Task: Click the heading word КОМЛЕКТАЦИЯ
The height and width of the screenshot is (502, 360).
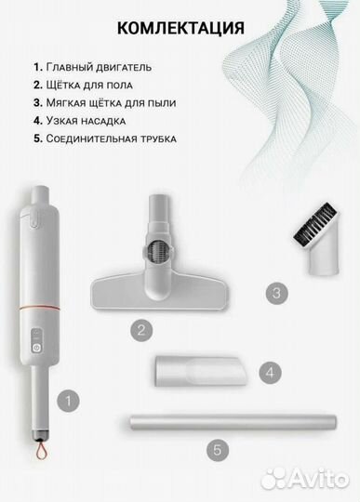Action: click(x=180, y=27)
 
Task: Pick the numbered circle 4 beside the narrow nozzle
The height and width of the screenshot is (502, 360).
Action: click(x=269, y=374)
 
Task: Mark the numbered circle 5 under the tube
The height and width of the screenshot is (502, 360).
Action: click(x=217, y=450)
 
